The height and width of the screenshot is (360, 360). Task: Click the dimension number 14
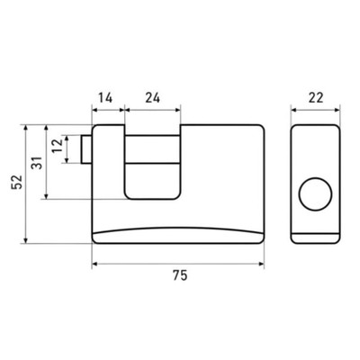(x=105, y=98)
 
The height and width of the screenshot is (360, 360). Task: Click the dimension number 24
(x=152, y=98)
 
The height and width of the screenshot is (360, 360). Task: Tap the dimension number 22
(x=316, y=98)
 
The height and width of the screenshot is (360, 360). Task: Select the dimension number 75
(x=180, y=275)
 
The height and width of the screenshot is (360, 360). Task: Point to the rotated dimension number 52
(x=17, y=182)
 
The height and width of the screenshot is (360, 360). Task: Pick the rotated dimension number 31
(x=38, y=163)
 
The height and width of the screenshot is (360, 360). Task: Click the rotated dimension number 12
(x=58, y=146)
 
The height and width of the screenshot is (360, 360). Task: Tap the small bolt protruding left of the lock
(x=86, y=149)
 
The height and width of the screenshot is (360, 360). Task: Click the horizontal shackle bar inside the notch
(x=153, y=149)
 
